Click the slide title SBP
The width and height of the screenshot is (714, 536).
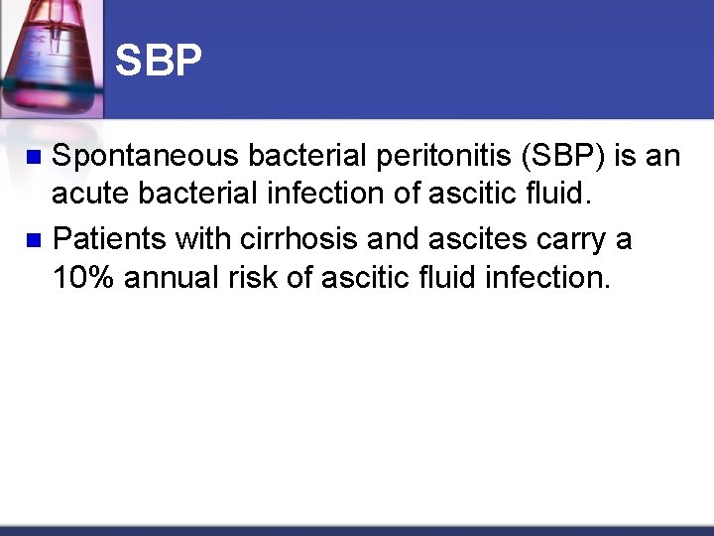pos(159,62)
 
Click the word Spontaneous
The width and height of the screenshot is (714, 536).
pos(145,156)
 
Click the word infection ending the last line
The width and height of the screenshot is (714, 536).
pos(550,279)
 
